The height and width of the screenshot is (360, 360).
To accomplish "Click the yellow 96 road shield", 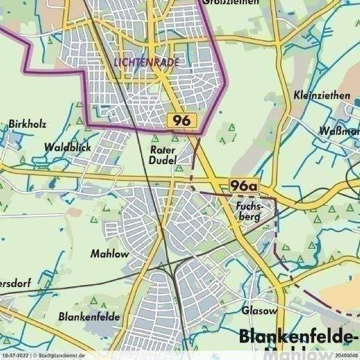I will (183, 121).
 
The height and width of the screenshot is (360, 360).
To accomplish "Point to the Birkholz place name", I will (28, 124).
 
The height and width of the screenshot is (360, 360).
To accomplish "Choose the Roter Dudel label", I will (163, 154).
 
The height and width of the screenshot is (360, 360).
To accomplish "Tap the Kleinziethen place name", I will (321, 96).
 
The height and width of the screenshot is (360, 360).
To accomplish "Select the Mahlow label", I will (110, 254).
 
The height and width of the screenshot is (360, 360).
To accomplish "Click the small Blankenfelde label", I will (90, 316).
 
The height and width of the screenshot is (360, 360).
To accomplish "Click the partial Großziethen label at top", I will (231, 2).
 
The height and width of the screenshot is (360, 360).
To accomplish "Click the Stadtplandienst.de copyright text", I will (58, 356).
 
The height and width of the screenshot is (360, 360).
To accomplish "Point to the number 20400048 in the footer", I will (345, 356).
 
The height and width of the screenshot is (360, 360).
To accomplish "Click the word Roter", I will (163, 149).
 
